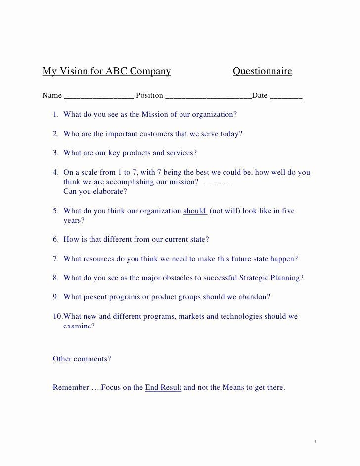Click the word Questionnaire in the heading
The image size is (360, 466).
(x=262, y=71)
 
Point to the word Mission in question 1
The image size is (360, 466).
(x=155, y=114)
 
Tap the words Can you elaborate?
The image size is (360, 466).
(x=95, y=191)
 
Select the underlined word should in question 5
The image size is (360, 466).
(x=194, y=211)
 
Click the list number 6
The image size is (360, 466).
(x=56, y=239)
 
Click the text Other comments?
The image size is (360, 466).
(x=82, y=359)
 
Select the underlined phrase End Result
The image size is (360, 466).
(x=163, y=387)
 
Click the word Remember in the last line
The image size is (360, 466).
(x=71, y=387)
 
